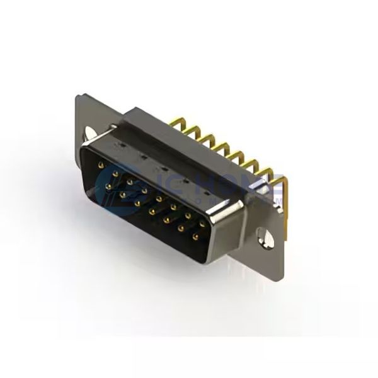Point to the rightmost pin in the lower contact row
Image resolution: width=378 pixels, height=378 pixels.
[195, 238]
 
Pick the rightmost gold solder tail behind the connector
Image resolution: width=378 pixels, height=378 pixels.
[280, 183]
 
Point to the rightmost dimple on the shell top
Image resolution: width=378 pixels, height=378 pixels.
[207, 189]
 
